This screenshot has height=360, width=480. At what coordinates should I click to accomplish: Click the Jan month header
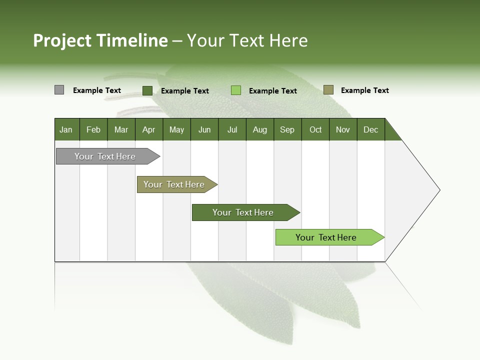tap(66, 129)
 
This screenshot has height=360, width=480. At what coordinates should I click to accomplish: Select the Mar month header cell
tap(121, 129)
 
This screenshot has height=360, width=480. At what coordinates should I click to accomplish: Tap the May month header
tap(176, 129)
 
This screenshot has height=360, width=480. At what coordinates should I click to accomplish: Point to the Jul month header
tap(232, 129)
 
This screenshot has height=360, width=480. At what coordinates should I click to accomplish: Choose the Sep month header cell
tap(287, 129)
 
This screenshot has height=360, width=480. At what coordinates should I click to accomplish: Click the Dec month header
tap(370, 129)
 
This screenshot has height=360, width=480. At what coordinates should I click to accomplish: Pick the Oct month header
tap(315, 129)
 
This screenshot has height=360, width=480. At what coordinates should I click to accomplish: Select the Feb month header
tap(93, 129)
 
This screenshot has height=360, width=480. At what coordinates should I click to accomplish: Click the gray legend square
tap(59, 90)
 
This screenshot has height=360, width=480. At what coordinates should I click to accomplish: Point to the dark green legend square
tap(147, 90)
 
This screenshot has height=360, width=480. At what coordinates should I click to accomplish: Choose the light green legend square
tap(236, 90)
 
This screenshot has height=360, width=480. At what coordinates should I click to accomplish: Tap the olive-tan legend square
tap(328, 90)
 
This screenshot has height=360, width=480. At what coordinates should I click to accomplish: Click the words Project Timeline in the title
tap(100, 40)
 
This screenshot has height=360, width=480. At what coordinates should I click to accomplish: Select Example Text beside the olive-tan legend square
tap(364, 90)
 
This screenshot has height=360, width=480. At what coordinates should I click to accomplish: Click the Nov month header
tap(343, 129)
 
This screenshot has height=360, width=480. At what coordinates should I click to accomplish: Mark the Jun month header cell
tap(204, 129)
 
